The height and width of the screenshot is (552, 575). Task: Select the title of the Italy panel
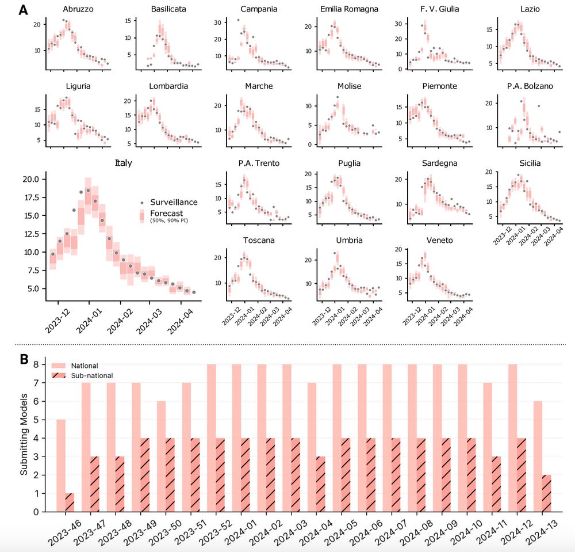[x=124, y=163]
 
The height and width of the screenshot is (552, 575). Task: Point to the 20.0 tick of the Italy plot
[x=29, y=179]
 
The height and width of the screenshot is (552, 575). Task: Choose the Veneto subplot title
[x=439, y=241]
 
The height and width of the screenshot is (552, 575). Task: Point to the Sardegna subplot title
[x=439, y=163]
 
